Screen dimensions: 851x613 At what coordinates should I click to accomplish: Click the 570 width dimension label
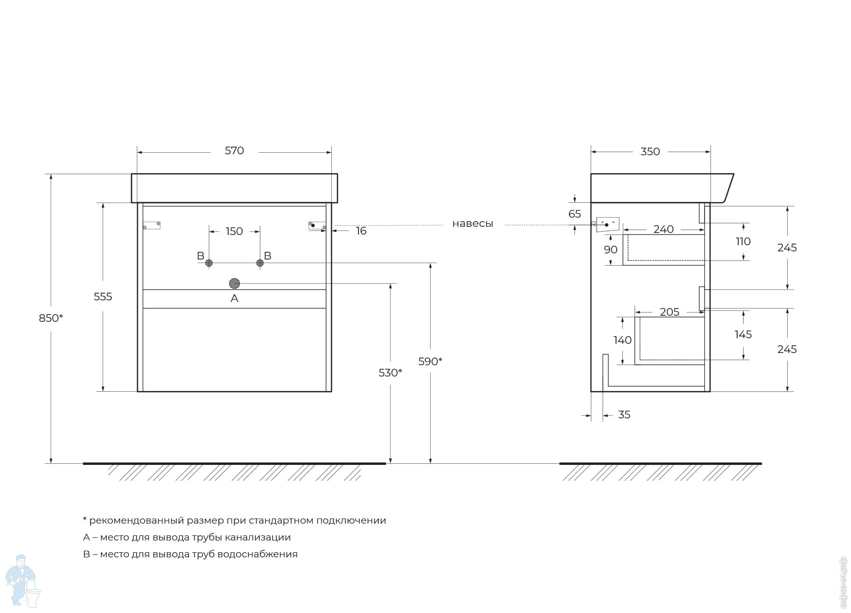pos(234,151)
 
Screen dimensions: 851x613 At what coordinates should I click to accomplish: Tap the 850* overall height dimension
pos(51,318)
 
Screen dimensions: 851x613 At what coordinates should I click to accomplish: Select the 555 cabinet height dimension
pos(103,297)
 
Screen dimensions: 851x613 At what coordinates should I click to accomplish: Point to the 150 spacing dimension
pos(234,231)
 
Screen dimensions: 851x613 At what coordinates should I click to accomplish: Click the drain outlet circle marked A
pos(234,284)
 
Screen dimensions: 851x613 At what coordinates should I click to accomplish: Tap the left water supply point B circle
pos(209,263)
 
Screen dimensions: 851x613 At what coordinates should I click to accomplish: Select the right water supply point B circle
pos(260,263)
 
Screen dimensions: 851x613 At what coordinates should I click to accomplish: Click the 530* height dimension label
pos(390,373)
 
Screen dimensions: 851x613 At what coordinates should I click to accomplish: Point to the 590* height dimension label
pos(430,361)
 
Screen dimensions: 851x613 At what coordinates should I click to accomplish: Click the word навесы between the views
pos(473,224)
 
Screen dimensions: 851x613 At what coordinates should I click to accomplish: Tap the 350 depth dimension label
pos(650,152)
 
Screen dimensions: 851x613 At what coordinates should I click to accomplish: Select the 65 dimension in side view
pos(574,214)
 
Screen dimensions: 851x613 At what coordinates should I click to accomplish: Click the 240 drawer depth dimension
pos(663,229)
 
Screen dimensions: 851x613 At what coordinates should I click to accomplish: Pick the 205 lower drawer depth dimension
pos(669,312)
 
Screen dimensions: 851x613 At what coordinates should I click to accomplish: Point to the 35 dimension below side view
pos(624,414)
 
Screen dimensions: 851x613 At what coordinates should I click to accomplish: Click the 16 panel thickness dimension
pos(361,231)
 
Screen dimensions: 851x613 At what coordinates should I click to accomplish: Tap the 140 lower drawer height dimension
pos(622,340)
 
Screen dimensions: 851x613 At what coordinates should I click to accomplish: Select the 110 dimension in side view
pos(743,242)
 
